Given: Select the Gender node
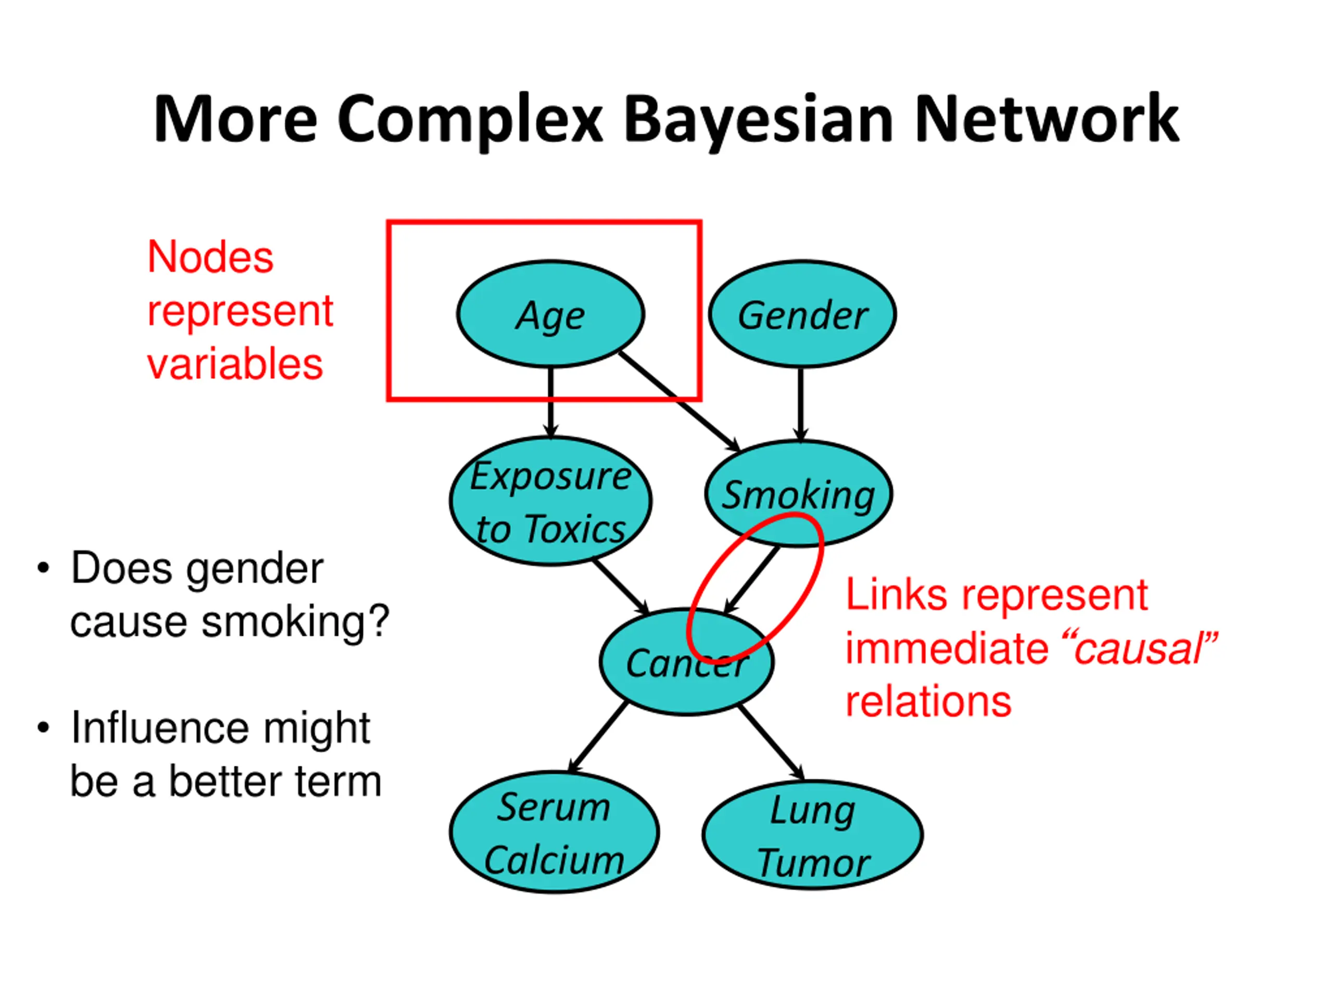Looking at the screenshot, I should click(x=802, y=314).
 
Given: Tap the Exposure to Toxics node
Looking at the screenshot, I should click(x=550, y=501).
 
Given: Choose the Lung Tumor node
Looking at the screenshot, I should click(x=812, y=835).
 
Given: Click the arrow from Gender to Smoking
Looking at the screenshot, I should click(x=800, y=403).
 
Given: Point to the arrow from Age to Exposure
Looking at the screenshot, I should click(x=550, y=401).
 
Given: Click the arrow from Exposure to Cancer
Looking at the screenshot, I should click(x=621, y=586).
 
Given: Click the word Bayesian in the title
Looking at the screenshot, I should click(x=758, y=120).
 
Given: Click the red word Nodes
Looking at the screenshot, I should click(x=210, y=257).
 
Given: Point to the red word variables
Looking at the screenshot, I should click(x=235, y=364).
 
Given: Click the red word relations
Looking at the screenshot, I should click(x=928, y=702).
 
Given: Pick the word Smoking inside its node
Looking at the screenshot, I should click(x=798, y=495).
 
